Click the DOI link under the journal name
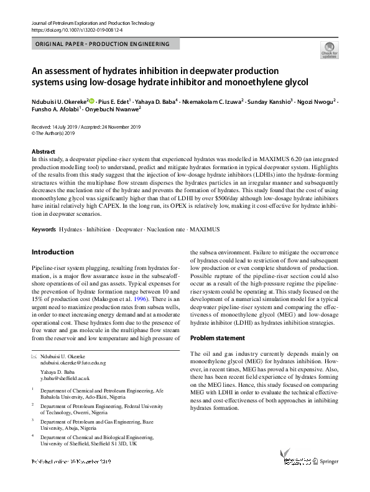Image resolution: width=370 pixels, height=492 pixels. coord(69,30)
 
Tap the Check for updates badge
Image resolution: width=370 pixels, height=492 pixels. coord(329,50)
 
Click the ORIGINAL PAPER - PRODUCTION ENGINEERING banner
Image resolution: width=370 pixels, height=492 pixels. coord(103,45)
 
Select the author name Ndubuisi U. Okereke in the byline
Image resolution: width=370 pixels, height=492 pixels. coord(59,100)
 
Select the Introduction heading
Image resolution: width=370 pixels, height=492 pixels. coord(52,253)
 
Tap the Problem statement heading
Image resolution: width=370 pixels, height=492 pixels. coord(217,338)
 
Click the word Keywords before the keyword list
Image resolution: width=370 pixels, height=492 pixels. coord(44,230)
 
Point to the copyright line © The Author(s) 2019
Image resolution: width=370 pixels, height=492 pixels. coord(53,133)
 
